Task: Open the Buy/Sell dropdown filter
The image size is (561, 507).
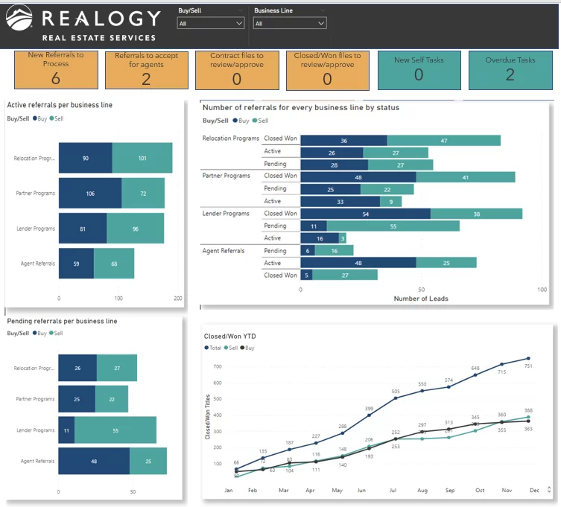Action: [x=211, y=23]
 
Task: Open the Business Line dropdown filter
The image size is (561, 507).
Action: [x=290, y=23]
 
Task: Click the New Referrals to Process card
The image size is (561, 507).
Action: [x=56, y=70]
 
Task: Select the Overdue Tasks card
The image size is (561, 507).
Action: [x=510, y=70]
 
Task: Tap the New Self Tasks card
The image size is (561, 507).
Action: [x=418, y=70]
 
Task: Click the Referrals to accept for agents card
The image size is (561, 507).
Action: [x=146, y=70]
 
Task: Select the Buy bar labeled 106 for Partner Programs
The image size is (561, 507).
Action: [x=90, y=194]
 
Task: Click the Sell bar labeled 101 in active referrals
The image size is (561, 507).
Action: [x=142, y=159]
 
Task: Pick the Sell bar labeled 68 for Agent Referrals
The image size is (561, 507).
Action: [x=114, y=263]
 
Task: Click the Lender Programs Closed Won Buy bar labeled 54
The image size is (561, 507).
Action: [x=365, y=214]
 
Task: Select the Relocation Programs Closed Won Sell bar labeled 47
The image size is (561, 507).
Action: [x=444, y=140]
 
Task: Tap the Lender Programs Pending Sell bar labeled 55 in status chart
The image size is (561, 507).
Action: [x=393, y=226]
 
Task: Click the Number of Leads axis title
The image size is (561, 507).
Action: [x=421, y=299]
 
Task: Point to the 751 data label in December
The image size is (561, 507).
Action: [x=528, y=366]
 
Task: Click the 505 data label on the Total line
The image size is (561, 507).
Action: [x=396, y=392]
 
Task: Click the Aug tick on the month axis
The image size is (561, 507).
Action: [x=422, y=491]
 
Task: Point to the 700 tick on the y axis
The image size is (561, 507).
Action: [x=218, y=366]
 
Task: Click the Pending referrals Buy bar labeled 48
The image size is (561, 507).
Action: [x=94, y=461]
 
